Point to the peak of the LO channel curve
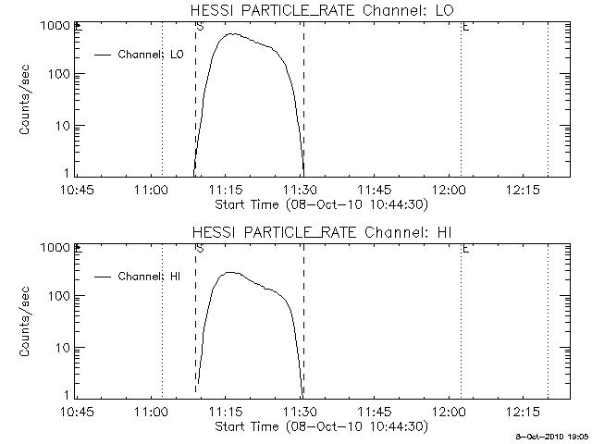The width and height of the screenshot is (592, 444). click(232, 34)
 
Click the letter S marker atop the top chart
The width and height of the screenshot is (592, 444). click(200, 27)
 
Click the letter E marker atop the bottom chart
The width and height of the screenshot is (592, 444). click(465, 249)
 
